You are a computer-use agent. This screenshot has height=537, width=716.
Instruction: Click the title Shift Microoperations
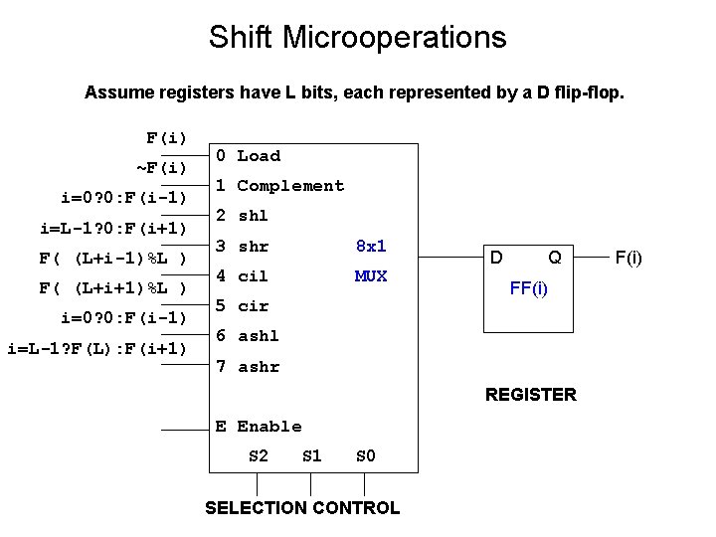(357, 38)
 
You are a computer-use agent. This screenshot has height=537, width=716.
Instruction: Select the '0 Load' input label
(249, 156)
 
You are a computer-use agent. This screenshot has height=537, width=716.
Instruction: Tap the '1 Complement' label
(279, 186)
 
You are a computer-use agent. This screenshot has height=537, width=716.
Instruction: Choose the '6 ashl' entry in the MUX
(248, 336)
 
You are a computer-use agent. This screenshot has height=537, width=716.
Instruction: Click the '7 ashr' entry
(248, 367)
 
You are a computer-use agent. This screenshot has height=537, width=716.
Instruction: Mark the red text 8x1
(371, 246)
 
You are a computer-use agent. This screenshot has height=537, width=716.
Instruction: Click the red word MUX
(371, 276)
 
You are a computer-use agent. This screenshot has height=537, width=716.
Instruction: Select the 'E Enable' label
(259, 427)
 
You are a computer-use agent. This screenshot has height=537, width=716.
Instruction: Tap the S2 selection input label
(258, 456)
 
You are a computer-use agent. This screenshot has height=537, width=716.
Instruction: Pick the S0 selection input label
(365, 456)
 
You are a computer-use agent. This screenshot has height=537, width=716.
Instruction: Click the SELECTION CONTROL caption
(302, 508)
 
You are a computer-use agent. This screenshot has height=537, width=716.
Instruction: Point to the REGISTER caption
(530, 395)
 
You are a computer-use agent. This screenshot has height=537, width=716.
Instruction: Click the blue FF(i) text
(528, 289)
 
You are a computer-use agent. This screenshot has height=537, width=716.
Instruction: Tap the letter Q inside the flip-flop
(555, 259)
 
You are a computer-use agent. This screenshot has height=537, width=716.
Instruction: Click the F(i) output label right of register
(628, 259)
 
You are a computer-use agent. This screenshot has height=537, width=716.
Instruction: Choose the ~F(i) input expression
(161, 166)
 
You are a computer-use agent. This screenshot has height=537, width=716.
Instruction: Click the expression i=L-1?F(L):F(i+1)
(96, 348)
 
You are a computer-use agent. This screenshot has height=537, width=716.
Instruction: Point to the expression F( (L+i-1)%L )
(112, 259)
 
